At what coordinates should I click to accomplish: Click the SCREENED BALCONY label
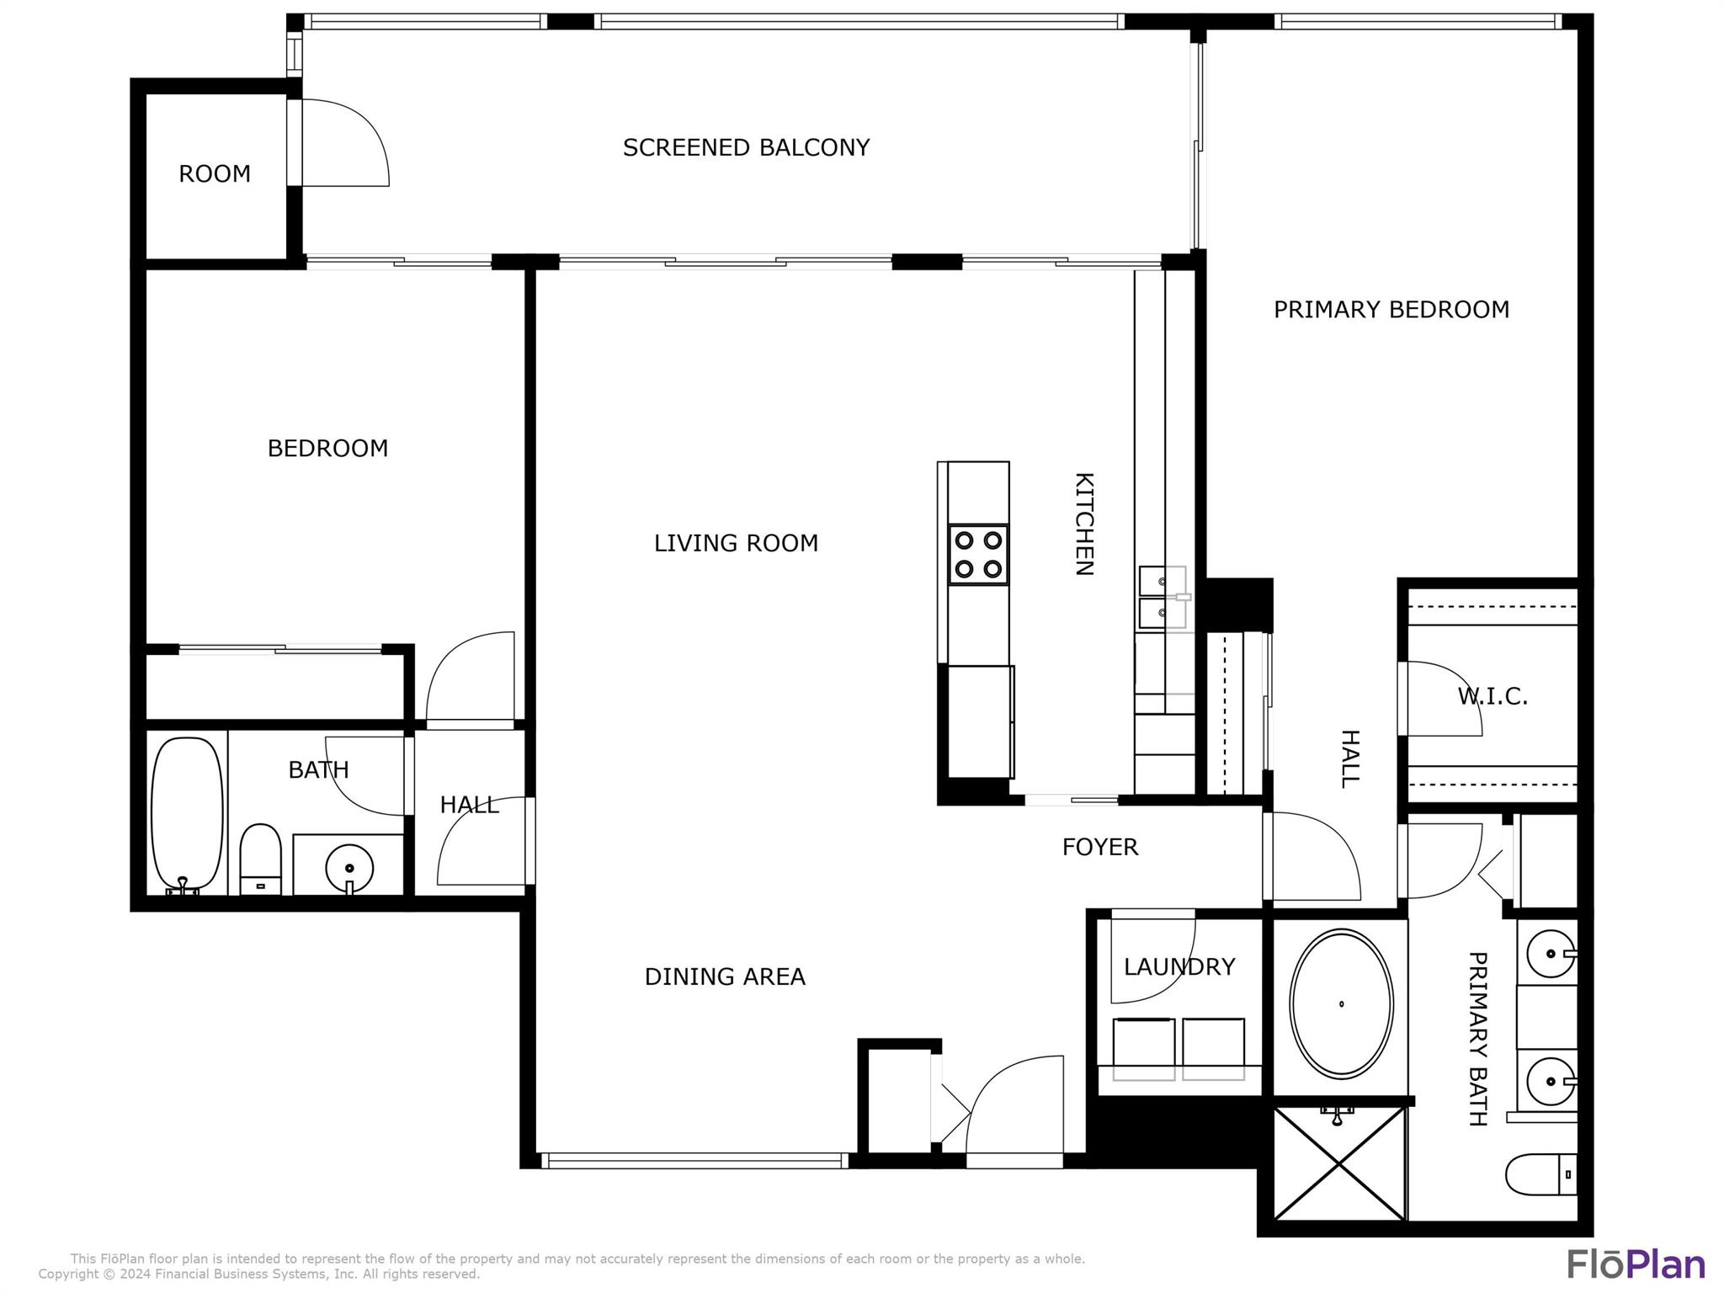pyautogui.click(x=746, y=147)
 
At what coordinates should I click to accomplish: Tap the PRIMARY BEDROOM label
pyautogui.click(x=1391, y=310)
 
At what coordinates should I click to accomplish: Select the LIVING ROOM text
pyautogui.click(x=736, y=543)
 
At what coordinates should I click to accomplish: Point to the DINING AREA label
pyautogui.click(x=725, y=976)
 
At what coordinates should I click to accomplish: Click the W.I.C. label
pyautogui.click(x=1493, y=696)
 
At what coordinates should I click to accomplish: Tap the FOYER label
pyautogui.click(x=1100, y=847)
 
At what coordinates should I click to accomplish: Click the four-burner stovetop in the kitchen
pyautogui.click(x=978, y=555)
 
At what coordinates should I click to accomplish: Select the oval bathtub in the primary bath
pyautogui.click(x=1341, y=1003)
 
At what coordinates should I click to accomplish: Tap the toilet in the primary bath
pyautogui.click(x=1540, y=1173)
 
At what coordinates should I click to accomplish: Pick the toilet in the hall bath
pyautogui.click(x=260, y=859)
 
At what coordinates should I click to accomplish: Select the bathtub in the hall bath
pyautogui.click(x=187, y=815)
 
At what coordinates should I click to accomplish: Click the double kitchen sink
pyautogui.click(x=1163, y=598)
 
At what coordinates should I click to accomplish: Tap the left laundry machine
pyautogui.click(x=1144, y=1049)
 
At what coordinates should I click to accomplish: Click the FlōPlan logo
pyautogui.click(x=1636, y=1264)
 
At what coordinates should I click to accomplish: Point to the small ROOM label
pyautogui.click(x=215, y=173)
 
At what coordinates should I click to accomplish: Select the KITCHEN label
pyautogui.click(x=1084, y=524)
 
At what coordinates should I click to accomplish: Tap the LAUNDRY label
pyautogui.click(x=1179, y=966)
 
